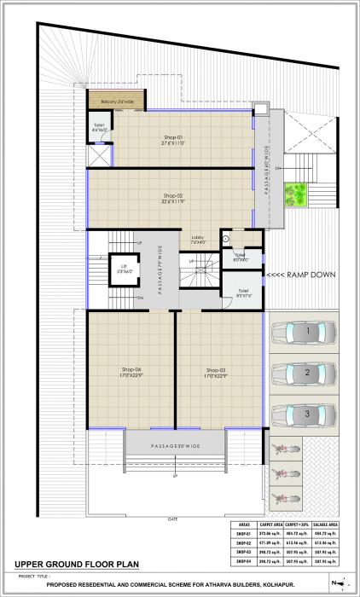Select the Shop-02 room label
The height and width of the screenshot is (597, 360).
click(174, 197)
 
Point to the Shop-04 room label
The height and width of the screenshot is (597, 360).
click(131, 371)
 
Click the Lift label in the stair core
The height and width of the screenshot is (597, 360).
click(124, 267)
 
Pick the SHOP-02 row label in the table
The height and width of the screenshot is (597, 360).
click(243, 546)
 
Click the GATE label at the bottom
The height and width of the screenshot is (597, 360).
click(173, 519)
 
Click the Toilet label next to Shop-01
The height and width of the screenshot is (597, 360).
click(99, 128)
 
